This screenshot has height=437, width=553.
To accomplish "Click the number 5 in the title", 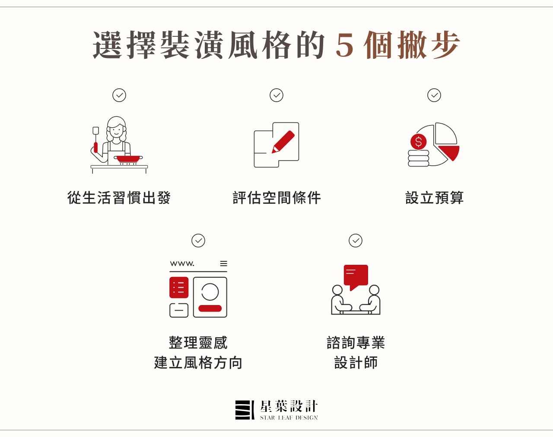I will point(345,45).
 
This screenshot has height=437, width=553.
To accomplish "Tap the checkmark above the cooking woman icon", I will point(119,95).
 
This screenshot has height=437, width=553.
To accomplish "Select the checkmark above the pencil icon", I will point(276,95).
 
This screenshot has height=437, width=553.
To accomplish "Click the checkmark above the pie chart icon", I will point(434,95).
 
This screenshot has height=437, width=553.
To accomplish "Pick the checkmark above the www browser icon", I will point(198,241).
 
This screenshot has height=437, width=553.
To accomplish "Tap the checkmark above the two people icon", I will point(356,241).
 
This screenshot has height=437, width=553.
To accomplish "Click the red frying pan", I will point(128,159).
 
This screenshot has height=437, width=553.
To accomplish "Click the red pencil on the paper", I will point(283,142).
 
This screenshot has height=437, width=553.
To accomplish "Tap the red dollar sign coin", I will point(418,141).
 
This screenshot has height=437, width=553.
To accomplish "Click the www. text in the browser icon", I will point(182,263).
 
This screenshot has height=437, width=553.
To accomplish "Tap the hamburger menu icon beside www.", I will point(223,263).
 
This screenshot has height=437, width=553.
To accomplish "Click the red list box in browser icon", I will point(179,288).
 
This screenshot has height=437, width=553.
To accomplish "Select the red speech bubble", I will point(356,276).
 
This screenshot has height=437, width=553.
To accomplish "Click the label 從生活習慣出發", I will point(119,198).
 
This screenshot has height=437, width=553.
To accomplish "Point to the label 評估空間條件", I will point(276,198).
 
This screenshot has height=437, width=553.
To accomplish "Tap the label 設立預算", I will point(434,198).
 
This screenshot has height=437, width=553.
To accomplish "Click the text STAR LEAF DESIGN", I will point(289,418).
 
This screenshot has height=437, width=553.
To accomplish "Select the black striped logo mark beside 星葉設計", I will point(245,410).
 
